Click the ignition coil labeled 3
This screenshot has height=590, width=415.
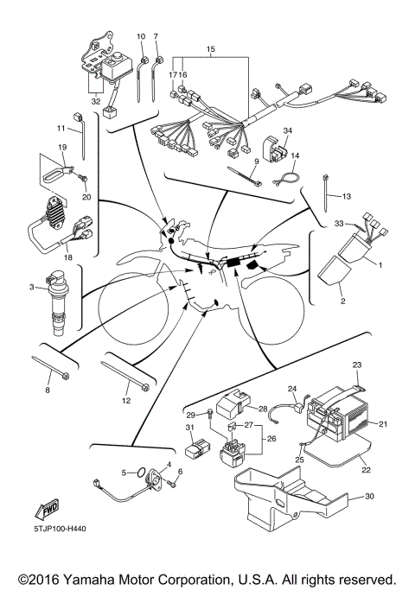(x=61, y=303)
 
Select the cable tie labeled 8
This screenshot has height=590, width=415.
(x=41, y=364)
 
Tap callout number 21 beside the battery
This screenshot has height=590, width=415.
(x=384, y=424)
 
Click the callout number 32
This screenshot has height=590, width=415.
(x=93, y=101)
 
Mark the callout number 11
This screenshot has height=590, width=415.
(x=61, y=129)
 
